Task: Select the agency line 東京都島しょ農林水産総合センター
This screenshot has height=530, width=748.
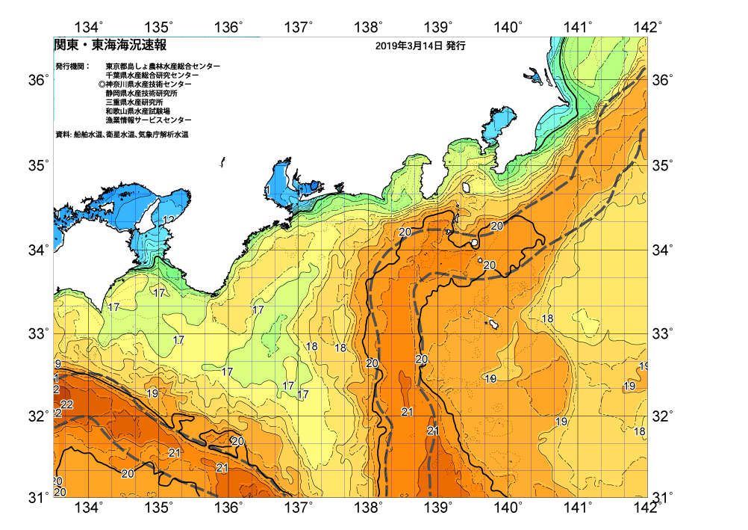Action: (x=163, y=67)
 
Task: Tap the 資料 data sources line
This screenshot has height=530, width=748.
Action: (x=122, y=135)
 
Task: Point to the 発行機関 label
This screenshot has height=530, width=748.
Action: (x=72, y=67)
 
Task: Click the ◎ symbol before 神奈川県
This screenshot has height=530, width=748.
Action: (x=102, y=84)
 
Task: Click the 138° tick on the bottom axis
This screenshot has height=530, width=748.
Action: (x=368, y=508)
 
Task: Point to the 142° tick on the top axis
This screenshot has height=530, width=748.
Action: (x=648, y=28)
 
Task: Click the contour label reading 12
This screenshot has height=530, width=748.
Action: (x=169, y=220)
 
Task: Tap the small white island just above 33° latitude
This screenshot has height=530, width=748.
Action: (x=493, y=324)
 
